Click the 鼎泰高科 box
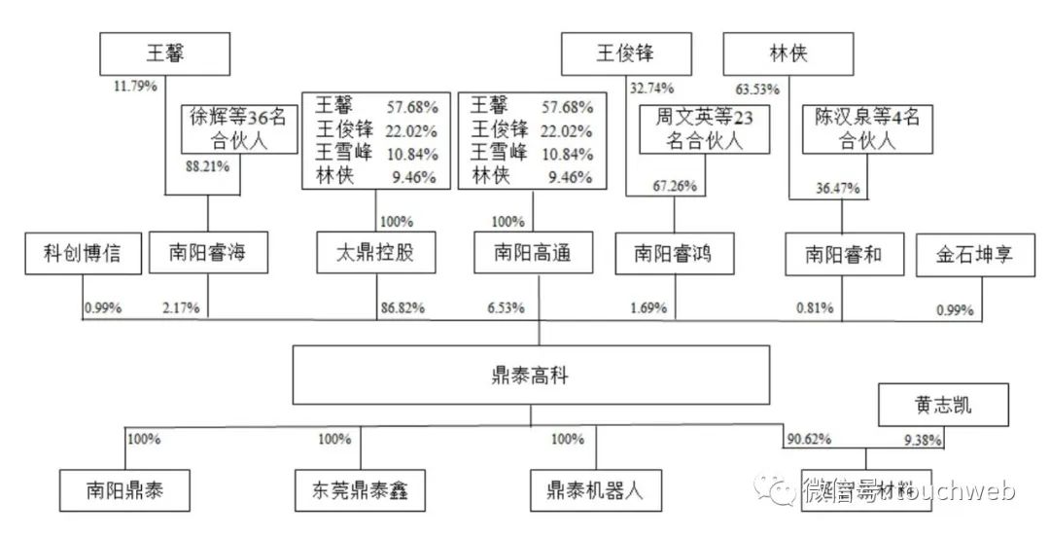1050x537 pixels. click(x=531, y=375)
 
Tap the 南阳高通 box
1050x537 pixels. click(x=521, y=254)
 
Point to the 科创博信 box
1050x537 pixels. click(x=86, y=254)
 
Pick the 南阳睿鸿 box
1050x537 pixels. click(x=673, y=254)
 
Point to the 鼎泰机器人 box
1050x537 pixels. click(x=596, y=490)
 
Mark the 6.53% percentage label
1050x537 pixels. click(x=507, y=307)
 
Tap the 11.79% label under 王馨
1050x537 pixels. click(x=135, y=86)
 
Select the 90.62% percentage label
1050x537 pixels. click(x=809, y=439)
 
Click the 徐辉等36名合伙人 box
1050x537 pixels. click(x=238, y=129)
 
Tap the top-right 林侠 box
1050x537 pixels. click(x=787, y=54)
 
